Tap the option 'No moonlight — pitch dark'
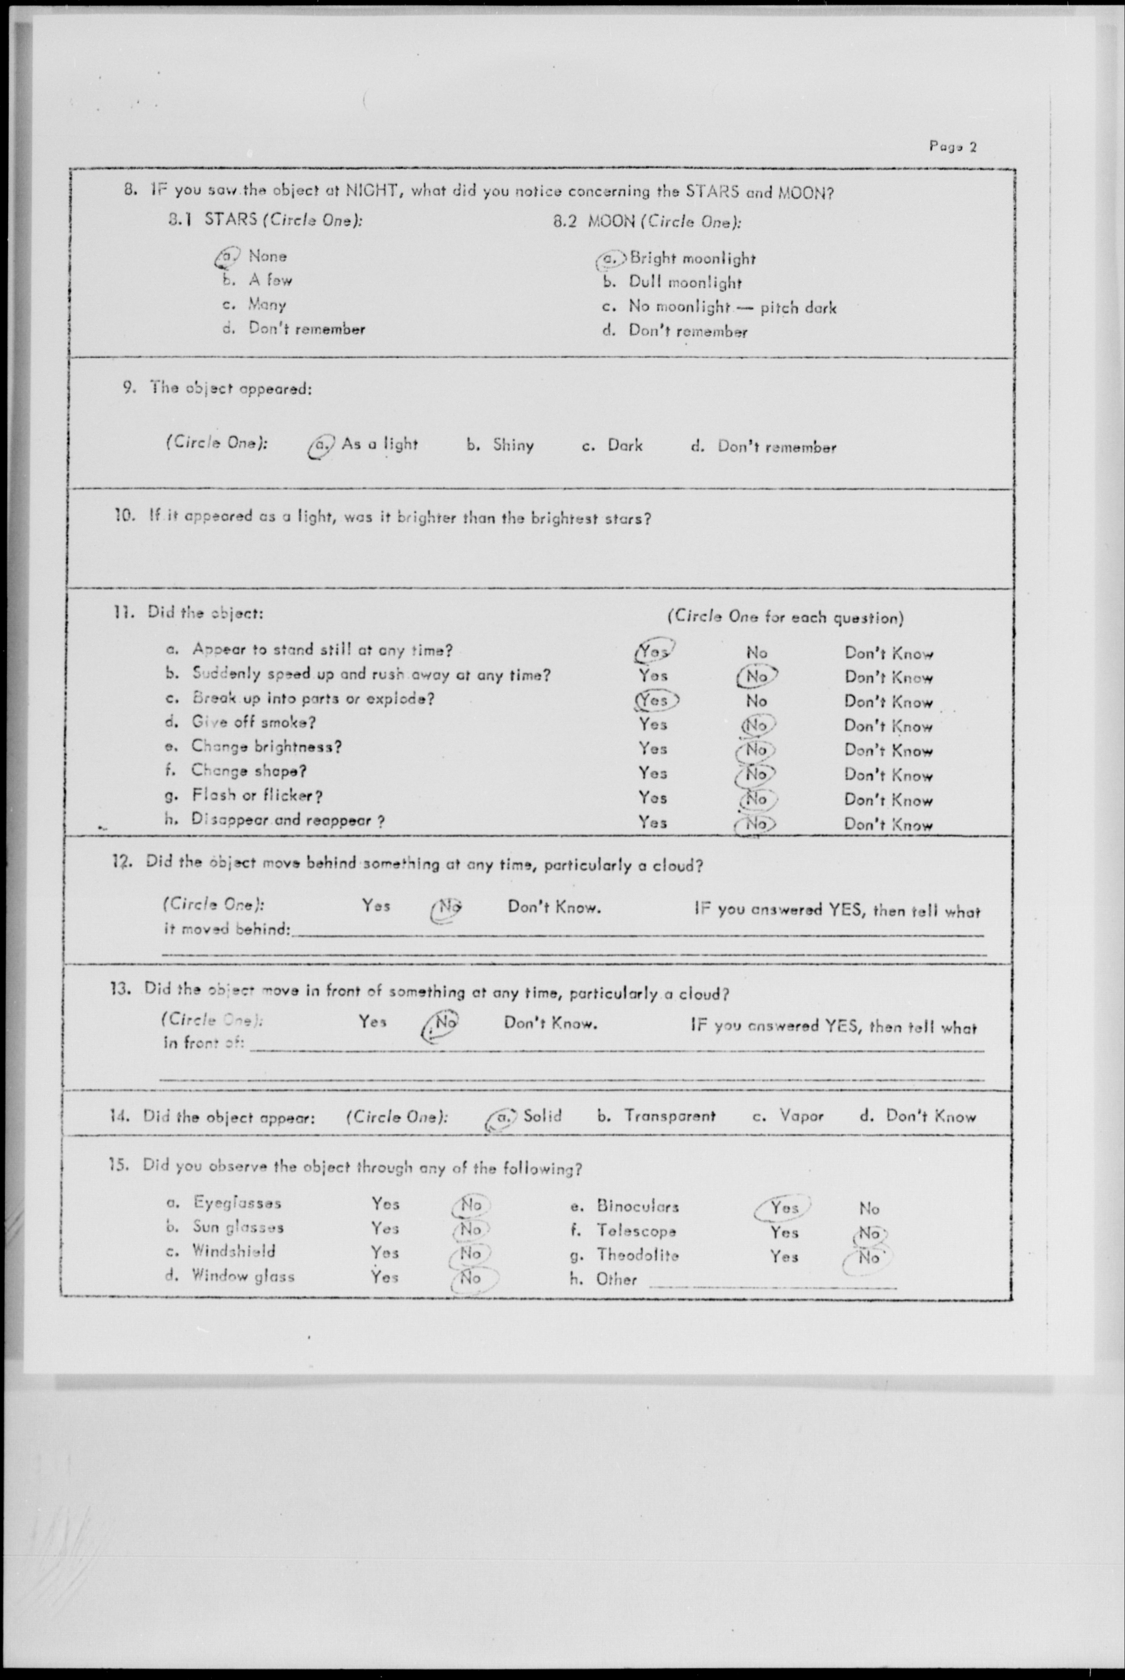pyautogui.click(x=732, y=307)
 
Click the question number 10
pyautogui.click(x=125, y=515)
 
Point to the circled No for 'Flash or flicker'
pyautogui.click(x=756, y=798)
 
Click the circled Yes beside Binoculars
pyautogui.click(x=783, y=1207)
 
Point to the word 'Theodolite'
pyautogui.click(x=637, y=1255)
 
